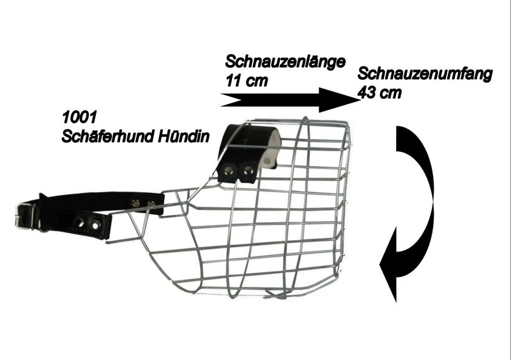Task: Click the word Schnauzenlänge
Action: tap(285, 62)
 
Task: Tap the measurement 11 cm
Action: tap(247, 80)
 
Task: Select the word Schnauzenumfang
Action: tap(425, 74)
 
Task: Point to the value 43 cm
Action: tap(379, 93)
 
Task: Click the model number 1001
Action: tap(79, 117)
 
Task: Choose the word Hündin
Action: tap(183, 136)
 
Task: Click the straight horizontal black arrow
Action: tap(291, 100)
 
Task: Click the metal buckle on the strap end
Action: tap(26, 216)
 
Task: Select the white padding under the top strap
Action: tap(272, 148)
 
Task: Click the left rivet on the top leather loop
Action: tap(228, 170)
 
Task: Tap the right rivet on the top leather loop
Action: tap(248, 170)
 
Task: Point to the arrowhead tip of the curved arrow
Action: tap(396, 302)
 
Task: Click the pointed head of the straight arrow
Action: tap(360, 100)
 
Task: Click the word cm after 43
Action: tap(390, 93)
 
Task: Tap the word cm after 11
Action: tap(257, 81)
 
